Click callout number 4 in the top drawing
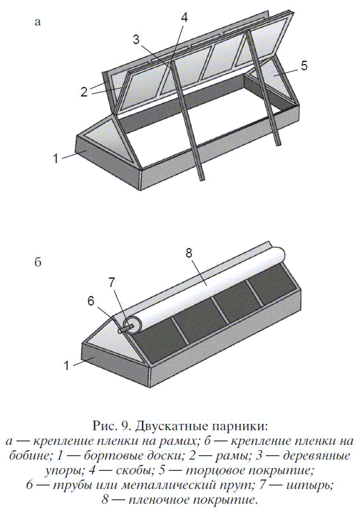tap(184, 18)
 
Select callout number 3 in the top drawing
tap(136, 40)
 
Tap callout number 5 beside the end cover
tap(304, 66)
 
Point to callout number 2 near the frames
tap(84, 92)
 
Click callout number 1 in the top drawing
tap(56, 159)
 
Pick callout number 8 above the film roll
tap(189, 253)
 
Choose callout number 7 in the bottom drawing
tap(111, 282)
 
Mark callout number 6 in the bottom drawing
tap(91, 301)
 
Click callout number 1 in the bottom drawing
tap(67, 365)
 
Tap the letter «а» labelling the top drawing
tap(38, 22)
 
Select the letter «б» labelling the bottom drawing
tap(38, 262)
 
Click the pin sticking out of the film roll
tap(126, 329)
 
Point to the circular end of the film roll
tap(132, 325)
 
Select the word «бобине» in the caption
tap(29, 456)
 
